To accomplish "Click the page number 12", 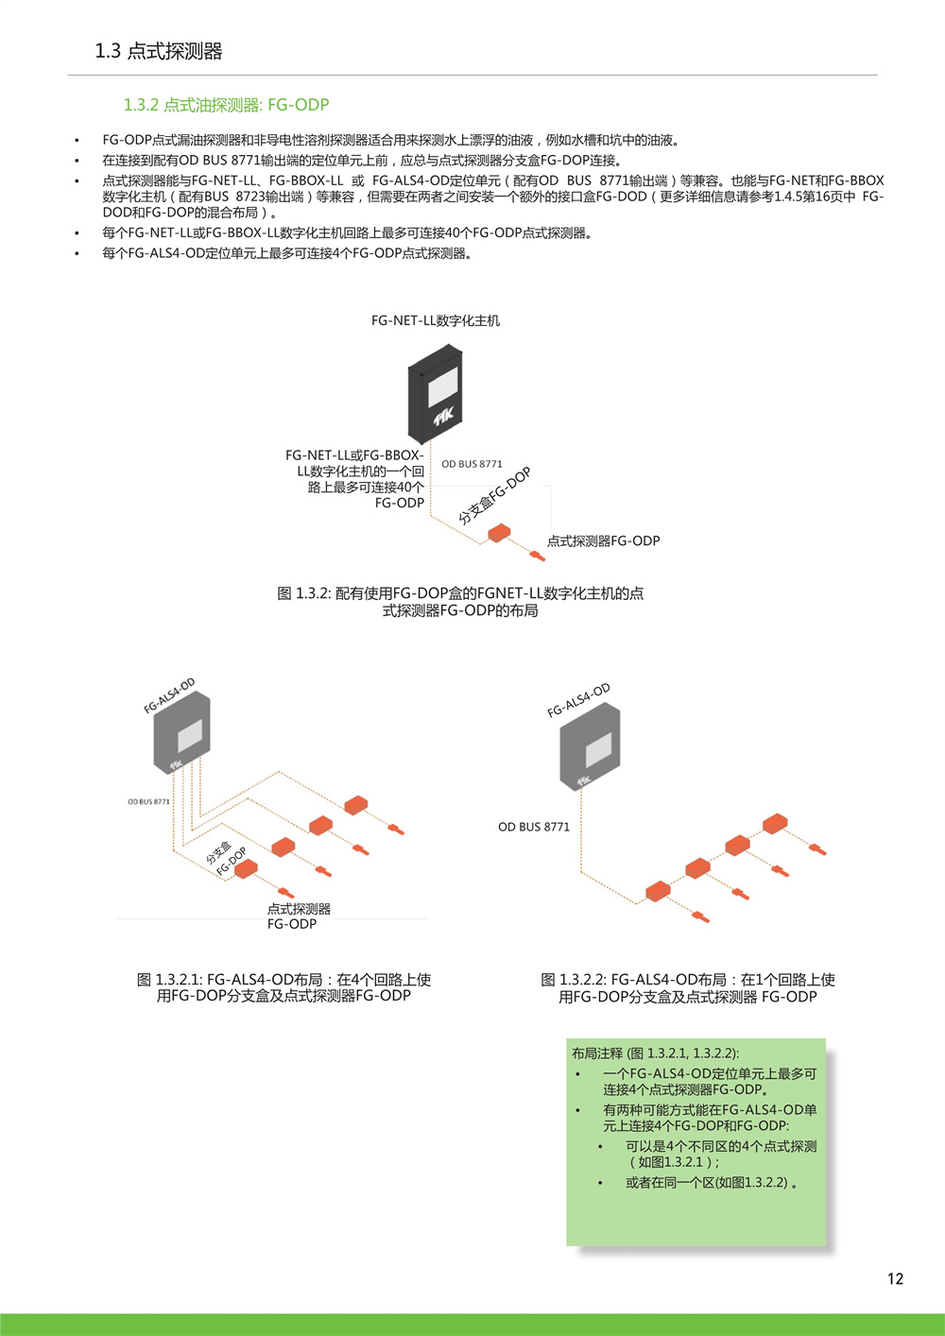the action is click(x=895, y=1278).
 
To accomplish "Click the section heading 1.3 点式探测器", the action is click(x=159, y=51).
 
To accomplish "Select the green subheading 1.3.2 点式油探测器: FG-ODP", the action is click(x=226, y=105).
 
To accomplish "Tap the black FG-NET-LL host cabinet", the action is click(x=435, y=394).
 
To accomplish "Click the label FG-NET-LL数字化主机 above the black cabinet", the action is click(x=435, y=321).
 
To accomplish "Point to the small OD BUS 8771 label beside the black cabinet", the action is click(x=472, y=464).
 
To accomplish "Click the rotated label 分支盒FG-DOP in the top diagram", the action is click(x=494, y=496).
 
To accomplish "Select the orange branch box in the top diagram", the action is click(x=499, y=533).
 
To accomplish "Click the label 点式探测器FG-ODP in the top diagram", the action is click(x=603, y=541).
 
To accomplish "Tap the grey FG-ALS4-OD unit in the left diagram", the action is click(x=182, y=733).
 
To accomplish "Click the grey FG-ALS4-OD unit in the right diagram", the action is click(x=590, y=746).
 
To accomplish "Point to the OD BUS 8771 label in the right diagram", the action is click(x=534, y=827).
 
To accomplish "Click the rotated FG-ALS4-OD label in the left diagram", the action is click(x=169, y=695).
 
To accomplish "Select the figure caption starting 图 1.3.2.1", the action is click(x=284, y=987).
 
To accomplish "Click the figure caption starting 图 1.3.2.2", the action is click(x=688, y=988).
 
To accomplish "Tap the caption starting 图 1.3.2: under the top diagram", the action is click(x=460, y=602).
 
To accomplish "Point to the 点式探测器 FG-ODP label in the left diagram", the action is click(x=299, y=916).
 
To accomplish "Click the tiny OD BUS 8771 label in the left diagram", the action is click(x=148, y=801).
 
